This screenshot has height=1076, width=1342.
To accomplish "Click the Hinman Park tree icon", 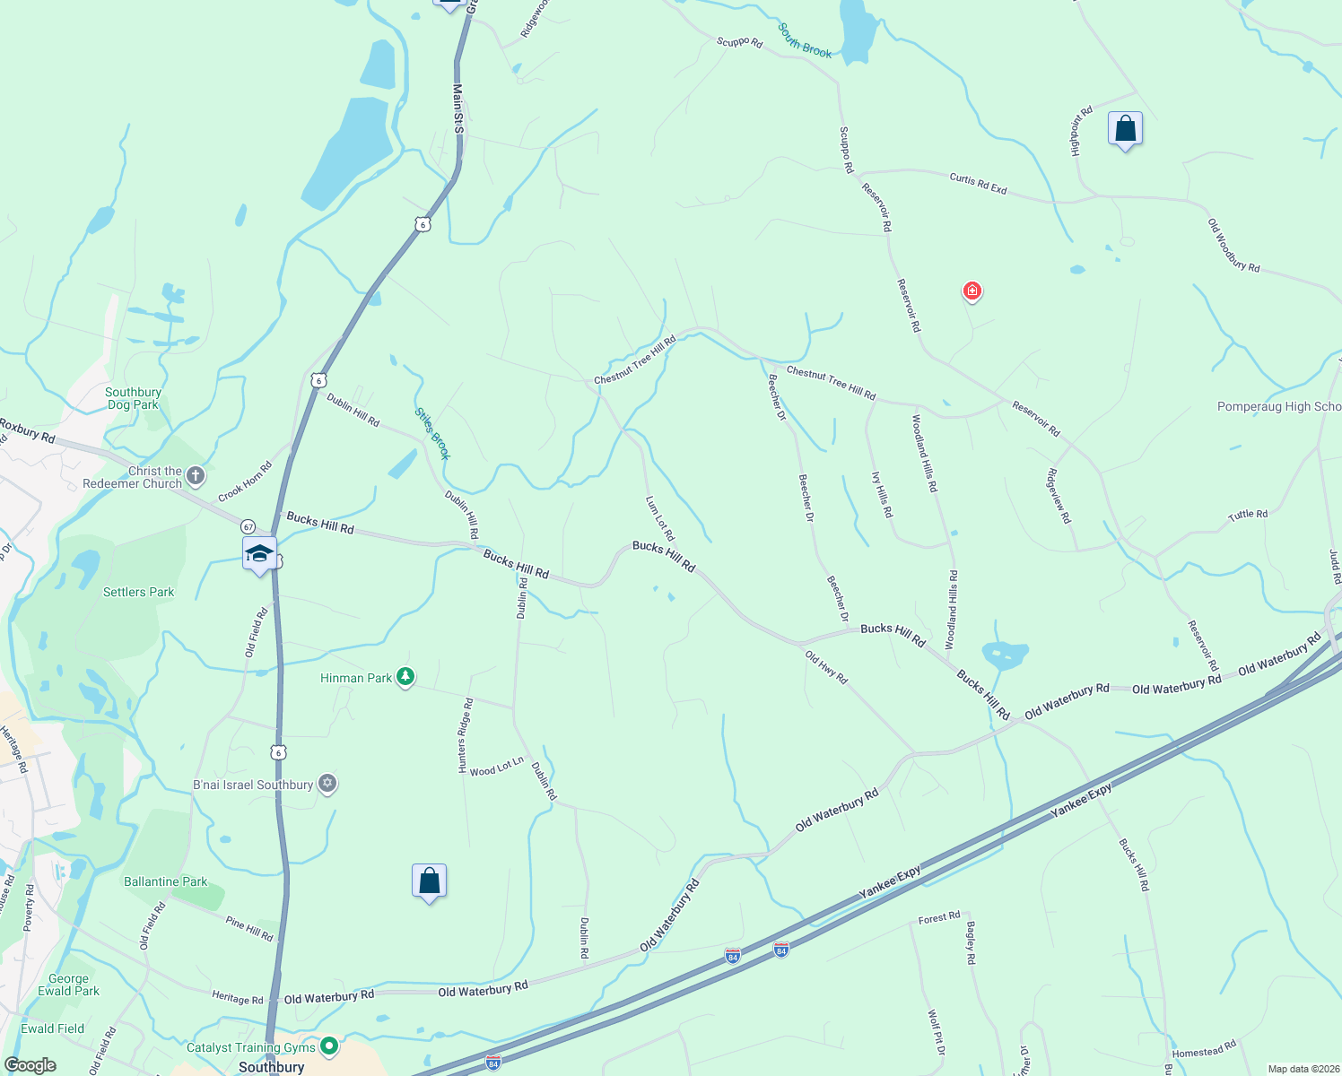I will click(x=405, y=677).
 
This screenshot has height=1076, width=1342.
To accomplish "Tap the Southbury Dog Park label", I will click(x=133, y=398).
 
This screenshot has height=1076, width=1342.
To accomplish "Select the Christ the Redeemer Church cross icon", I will click(x=196, y=476).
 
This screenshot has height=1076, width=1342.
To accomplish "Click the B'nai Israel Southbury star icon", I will click(x=327, y=785).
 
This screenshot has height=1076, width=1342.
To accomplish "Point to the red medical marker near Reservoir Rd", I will click(x=972, y=291).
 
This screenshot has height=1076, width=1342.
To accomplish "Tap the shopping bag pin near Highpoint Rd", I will click(x=1125, y=130).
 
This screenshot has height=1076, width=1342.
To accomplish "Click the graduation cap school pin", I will click(x=259, y=554).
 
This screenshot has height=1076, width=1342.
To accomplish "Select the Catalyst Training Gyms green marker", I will click(x=329, y=1046).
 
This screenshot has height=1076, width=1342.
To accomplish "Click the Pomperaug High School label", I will click(x=1278, y=407).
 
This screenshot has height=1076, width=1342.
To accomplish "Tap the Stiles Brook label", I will click(x=432, y=434).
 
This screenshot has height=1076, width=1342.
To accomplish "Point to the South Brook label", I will click(x=805, y=41).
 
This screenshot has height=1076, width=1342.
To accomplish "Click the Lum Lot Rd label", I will click(x=660, y=518).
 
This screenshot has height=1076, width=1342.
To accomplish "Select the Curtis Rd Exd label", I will click(x=978, y=184).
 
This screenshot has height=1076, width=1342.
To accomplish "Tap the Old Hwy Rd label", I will click(x=826, y=667).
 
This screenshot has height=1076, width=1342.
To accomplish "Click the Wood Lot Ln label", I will click(x=496, y=767).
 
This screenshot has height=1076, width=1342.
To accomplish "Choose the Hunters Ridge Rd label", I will click(x=465, y=736).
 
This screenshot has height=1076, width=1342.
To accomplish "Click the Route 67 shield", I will click(x=248, y=526).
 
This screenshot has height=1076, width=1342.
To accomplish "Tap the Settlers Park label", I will click(x=138, y=592).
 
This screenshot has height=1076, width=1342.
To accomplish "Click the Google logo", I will click(x=30, y=1065).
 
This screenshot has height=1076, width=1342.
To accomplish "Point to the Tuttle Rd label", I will click(x=1248, y=515).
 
